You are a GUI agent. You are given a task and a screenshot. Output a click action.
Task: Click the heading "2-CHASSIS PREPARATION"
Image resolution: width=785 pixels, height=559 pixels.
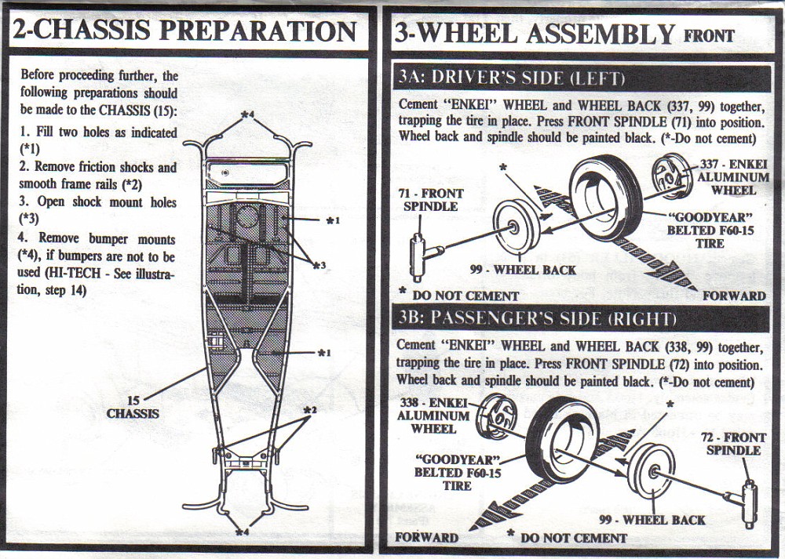tap(184, 31)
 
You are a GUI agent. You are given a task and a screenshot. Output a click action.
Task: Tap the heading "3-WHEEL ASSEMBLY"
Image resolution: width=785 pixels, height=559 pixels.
tap(534, 34)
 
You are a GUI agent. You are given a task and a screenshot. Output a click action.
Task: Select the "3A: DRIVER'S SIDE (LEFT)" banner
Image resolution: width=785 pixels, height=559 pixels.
tap(511, 78)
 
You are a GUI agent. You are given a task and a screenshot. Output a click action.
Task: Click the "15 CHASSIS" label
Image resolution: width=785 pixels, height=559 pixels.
tap(133, 407)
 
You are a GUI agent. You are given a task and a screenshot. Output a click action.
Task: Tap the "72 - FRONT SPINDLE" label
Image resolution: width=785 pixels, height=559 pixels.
tap(734, 444)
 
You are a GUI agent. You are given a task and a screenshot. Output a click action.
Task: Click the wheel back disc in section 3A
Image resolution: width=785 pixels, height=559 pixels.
tap(516, 227)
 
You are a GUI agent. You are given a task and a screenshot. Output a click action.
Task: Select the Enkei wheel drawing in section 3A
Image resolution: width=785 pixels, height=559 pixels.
tap(672, 177)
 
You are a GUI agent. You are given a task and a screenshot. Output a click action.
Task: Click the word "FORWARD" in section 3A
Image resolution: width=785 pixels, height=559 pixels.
tap(734, 296)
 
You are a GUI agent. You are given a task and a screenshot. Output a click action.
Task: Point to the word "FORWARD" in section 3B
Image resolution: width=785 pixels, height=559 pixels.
tap(426, 537)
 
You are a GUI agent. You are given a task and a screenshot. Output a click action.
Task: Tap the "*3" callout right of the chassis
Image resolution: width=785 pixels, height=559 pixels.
tap(317, 266)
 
